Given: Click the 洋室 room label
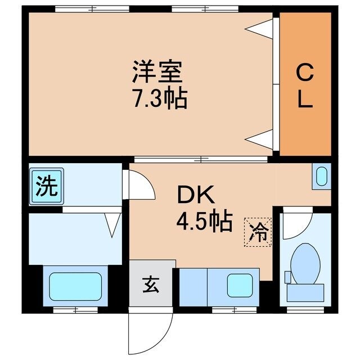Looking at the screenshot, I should pyautogui.click(x=159, y=74).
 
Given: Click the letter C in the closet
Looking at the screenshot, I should pyautogui.click(x=304, y=73).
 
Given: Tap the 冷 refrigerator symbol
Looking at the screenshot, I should pyautogui.click(x=258, y=230).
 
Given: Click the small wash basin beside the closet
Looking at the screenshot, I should pyautogui.click(x=322, y=177).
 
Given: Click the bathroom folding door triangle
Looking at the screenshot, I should pyautogui.click(x=113, y=226).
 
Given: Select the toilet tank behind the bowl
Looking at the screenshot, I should pyautogui.click(x=306, y=291).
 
